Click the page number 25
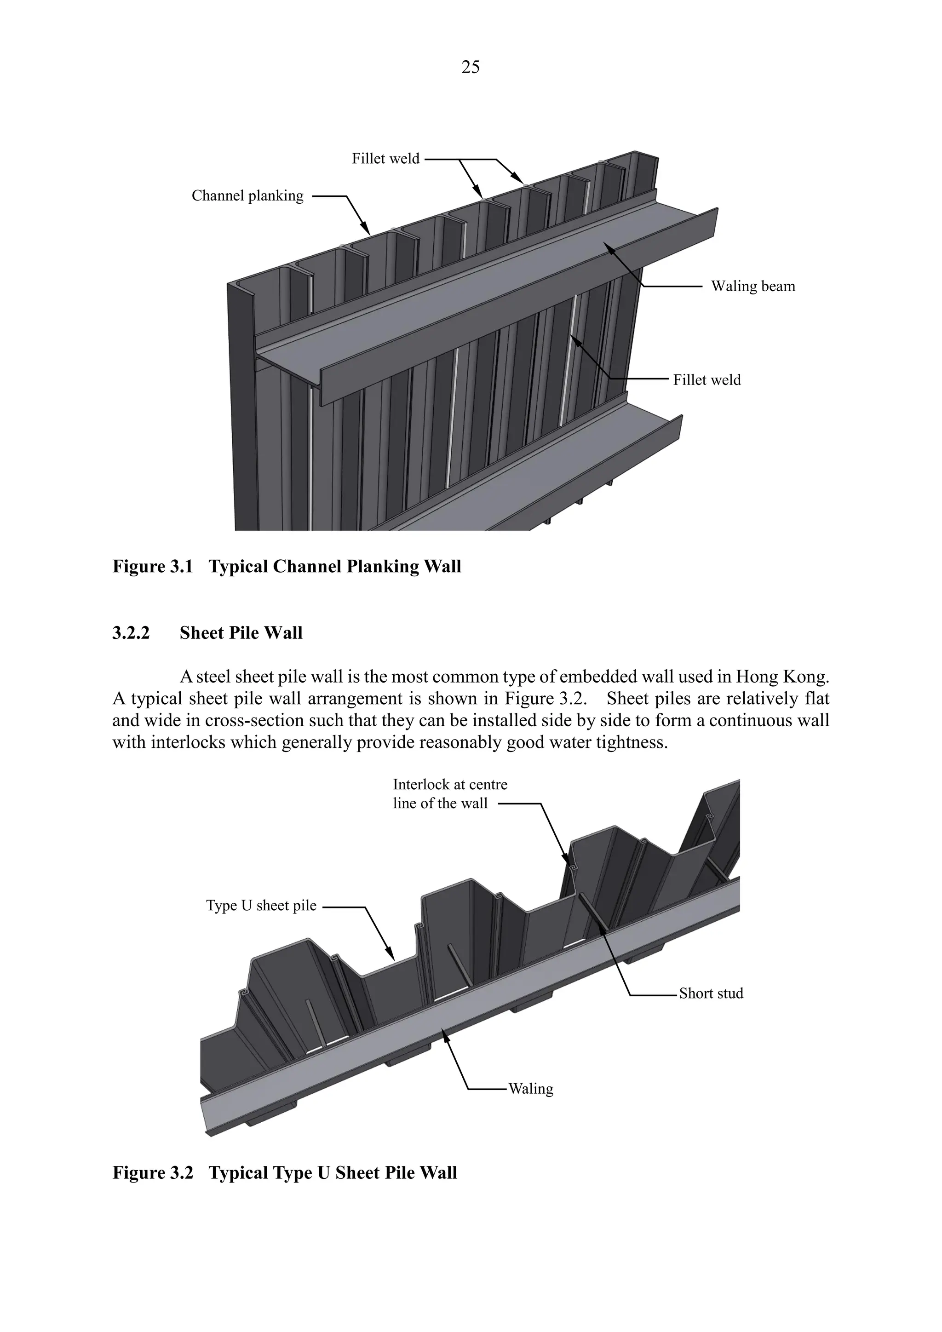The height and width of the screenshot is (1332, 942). [x=471, y=68]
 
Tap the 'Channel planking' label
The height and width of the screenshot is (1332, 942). [x=247, y=196]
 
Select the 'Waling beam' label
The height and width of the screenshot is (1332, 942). [x=753, y=287]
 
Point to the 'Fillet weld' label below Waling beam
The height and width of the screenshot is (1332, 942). [x=706, y=380]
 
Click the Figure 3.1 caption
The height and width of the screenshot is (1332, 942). [x=287, y=566]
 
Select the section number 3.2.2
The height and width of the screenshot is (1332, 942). [x=131, y=633]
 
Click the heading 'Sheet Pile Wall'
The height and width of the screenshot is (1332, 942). [x=241, y=633]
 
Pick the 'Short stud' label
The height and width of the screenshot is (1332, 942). [x=711, y=993]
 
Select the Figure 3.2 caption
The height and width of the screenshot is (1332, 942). [x=284, y=1172]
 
